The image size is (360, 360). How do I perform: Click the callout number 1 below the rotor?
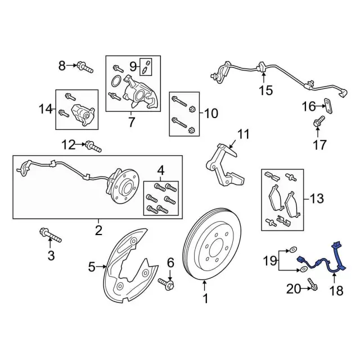click(x=205, y=299)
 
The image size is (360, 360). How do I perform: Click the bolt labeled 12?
click(x=93, y=147)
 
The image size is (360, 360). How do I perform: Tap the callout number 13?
click(x=317, y=198)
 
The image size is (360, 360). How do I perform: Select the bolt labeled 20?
click(x=313, y=289)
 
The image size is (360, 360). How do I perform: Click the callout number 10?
click(x=210, y=114)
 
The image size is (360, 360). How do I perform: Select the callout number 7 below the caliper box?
click(x=131, y=121)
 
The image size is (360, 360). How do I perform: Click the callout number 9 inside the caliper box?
click(x=133, y=66)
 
